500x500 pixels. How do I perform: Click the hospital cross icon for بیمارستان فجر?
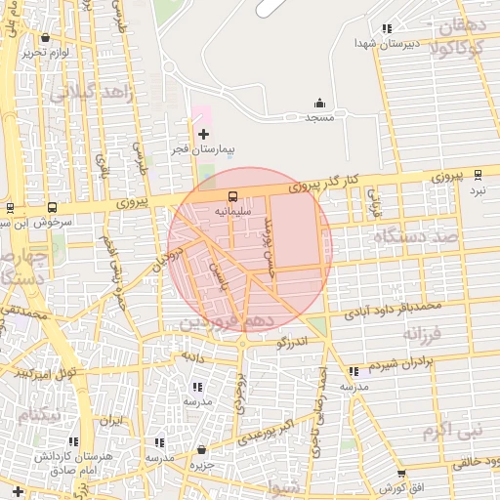(x=203, y=133)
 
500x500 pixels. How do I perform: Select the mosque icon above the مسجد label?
(x=319, y=103)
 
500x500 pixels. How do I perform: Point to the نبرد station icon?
(x=478, y=175)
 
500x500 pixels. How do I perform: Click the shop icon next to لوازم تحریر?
(x=45, y=38)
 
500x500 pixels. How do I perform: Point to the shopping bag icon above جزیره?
(x=201, y=450)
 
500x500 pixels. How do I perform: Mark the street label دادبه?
(x=190, y=357)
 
